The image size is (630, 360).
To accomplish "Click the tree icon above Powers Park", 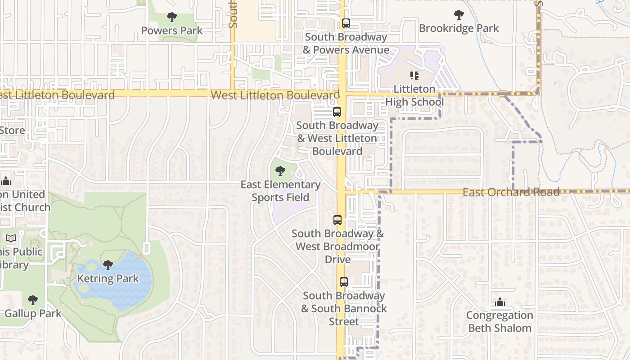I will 171,18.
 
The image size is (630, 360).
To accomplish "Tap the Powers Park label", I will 172,31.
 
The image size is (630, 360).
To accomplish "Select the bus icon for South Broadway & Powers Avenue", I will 346,23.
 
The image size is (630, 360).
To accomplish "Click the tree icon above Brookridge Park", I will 459,15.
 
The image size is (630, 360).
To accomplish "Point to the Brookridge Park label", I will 459,28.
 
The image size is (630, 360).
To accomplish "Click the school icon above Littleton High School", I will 414,76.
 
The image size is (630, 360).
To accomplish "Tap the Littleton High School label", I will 414,95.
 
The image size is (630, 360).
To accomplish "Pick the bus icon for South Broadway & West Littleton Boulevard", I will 337,112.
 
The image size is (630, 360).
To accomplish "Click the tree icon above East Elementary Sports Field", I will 280,171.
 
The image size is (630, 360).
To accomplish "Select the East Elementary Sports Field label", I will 280,191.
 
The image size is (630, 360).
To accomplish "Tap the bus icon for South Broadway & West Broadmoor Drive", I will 337,220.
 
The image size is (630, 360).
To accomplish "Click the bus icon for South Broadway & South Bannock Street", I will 344,282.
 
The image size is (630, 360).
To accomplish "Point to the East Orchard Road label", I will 511,192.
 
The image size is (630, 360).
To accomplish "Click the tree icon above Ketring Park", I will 108,265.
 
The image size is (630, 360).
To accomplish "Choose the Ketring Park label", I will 108,278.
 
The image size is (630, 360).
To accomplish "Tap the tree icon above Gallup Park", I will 32,300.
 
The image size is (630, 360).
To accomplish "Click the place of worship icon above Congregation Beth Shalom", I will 499,302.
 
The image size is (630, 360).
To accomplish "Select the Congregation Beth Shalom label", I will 499,321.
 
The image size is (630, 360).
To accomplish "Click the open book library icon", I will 11,238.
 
